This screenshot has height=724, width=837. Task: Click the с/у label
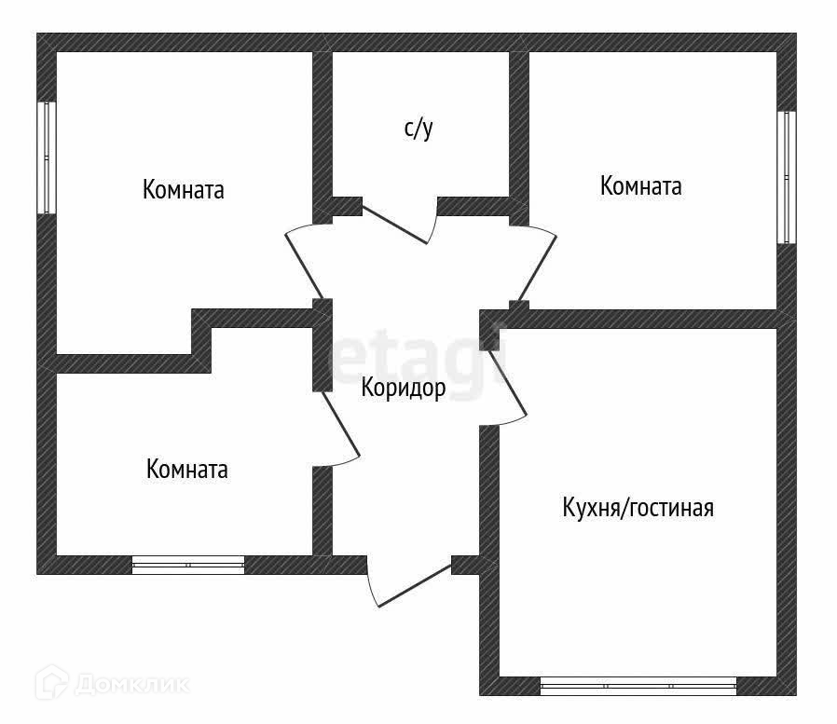click(x=418, y=130)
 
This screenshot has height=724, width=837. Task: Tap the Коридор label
click(x=404, y=389)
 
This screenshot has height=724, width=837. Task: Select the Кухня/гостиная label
click(x=638, y=508)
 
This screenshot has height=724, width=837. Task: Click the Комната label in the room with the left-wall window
click(x=184, y=190)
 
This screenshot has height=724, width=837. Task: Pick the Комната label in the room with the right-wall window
click(x=641, y=186)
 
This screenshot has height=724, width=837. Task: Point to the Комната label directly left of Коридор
click(x=187, y=469)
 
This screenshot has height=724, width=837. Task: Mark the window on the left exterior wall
click(x=47, y=157)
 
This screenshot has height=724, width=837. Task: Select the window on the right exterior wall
click(x=788, y=177)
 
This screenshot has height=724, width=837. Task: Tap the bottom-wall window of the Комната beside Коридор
click(x=188, y=565)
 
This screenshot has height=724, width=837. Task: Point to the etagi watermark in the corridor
click(x=419, y=363)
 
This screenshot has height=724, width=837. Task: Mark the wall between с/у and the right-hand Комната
click(x=519, y=130)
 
